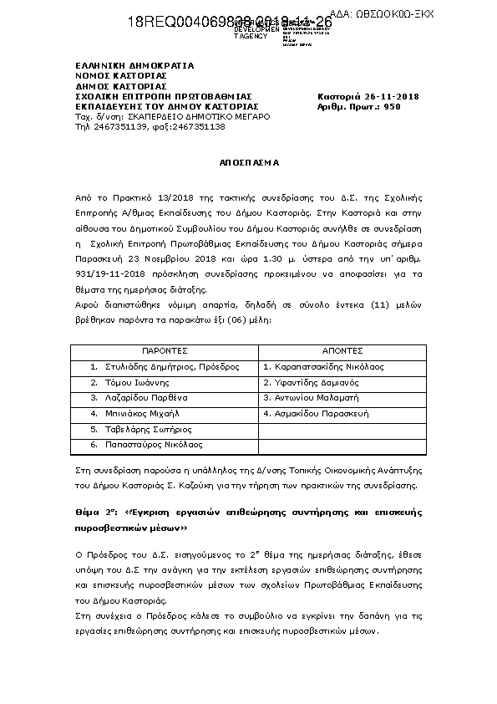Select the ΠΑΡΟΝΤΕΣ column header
click(163, 351)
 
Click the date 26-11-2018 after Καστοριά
click(395, 96)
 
